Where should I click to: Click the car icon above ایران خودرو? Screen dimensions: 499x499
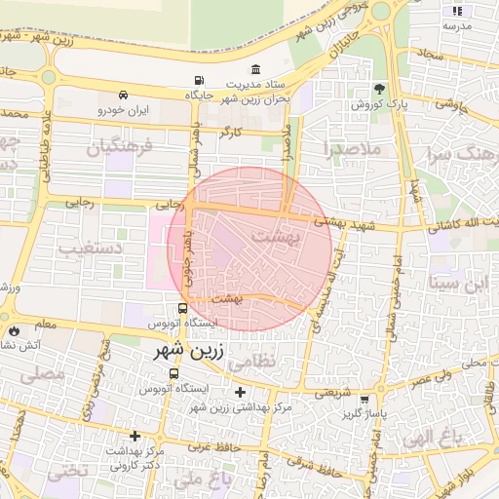coord(124,96)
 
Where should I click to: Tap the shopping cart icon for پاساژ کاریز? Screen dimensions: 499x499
coord(365,400)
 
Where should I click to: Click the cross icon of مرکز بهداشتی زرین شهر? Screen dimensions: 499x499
coord(241,392)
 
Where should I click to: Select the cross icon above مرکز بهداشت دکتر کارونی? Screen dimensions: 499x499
coord(134,435)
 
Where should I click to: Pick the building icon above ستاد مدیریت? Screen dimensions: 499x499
coord(255,69)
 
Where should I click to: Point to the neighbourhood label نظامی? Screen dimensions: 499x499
coord(284,360)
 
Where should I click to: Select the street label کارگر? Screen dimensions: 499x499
coord(231,130)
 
